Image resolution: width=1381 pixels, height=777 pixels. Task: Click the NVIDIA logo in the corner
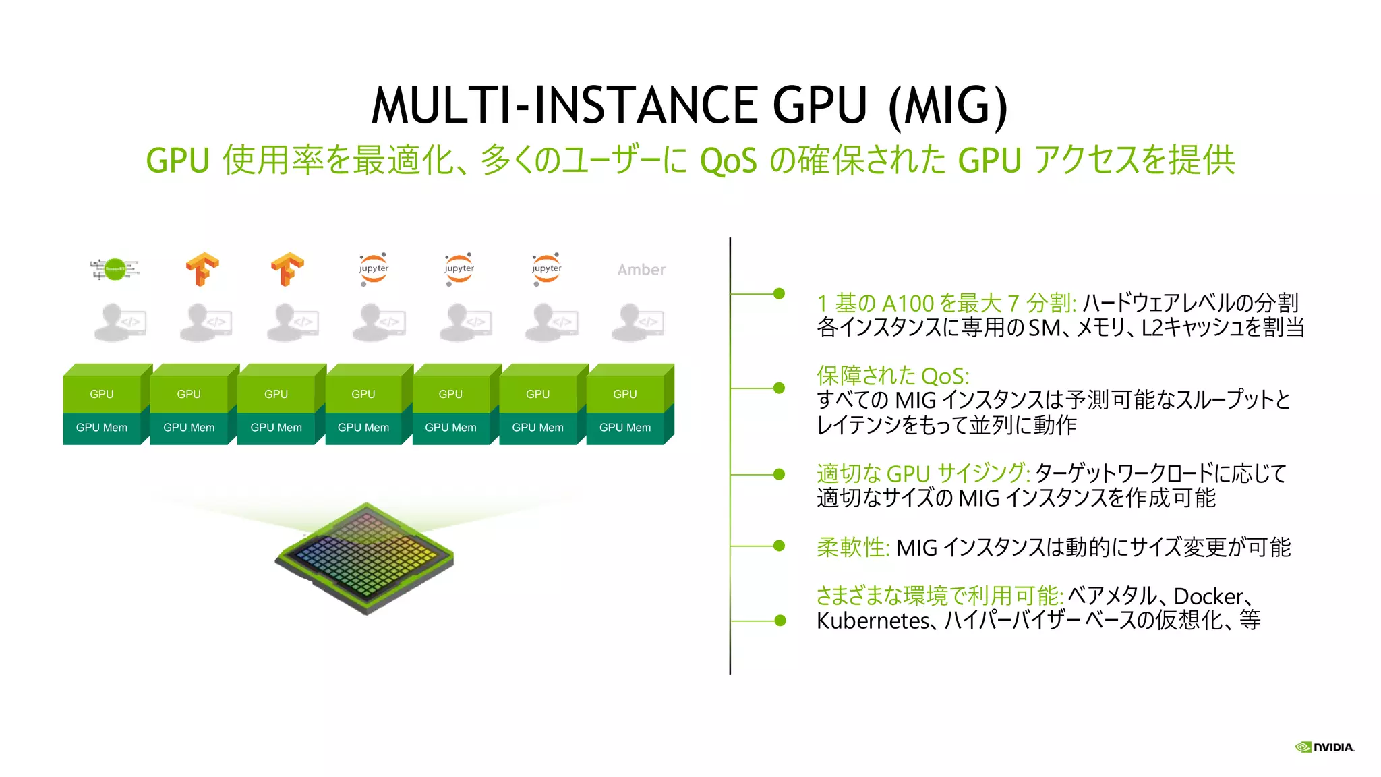[x=1324, y=747]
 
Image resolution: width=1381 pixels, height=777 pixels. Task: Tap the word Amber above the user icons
[x=641, y=270]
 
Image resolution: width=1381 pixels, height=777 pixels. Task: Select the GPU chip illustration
[x=365, y=558]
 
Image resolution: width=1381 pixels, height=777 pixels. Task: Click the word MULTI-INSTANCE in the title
[x=564, y=106]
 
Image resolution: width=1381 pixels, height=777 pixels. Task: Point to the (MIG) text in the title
[x=948, y=106]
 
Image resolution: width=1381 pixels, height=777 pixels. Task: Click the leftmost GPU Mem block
[x=102, y=428]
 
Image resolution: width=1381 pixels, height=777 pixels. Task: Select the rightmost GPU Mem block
[x=625, y=428]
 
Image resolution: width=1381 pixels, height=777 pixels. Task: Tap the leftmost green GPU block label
[x=102, y=394]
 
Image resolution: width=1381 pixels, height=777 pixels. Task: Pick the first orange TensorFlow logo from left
[x=202, y=269]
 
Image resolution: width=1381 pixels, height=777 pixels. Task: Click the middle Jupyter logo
[x=459, y=269]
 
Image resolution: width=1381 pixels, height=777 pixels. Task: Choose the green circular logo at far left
[x=115, y=269]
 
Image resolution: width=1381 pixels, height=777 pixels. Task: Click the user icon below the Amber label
[x=638, y=322]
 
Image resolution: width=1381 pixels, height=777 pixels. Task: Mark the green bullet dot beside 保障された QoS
[x=779, y=388]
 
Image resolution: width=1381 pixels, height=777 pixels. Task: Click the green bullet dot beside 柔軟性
[x=779, y=545]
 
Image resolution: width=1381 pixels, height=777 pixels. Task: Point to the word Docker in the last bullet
[x=1208, y=596]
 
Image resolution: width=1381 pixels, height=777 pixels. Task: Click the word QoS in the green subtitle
[x=728, y=161]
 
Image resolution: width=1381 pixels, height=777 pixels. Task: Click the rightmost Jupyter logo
[x=546, y=269]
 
